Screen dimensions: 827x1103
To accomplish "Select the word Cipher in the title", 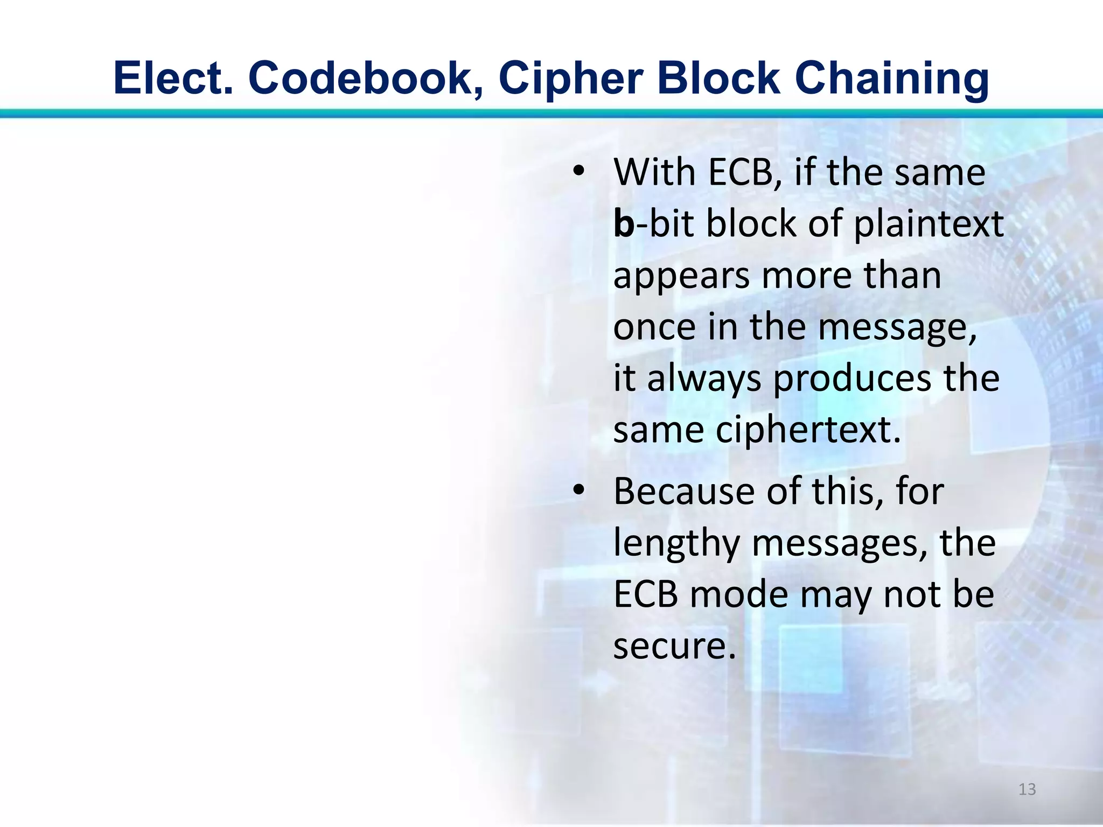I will [570, 79].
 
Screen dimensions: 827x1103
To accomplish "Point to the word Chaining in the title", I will [891, 79].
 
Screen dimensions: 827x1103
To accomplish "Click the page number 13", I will [1027, 789].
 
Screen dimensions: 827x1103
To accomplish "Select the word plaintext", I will [929, 224].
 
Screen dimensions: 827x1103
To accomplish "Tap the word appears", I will [682, 276].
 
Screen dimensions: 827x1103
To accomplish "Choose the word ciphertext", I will [808, 430].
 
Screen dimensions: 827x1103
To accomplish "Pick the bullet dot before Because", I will [578, 491].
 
